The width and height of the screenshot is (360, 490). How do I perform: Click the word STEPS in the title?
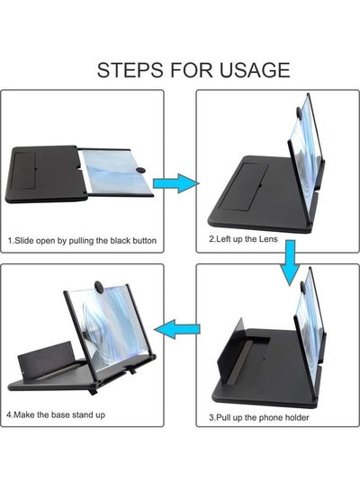(x=130, y=70)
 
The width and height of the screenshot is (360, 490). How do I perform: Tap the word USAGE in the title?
(x=255, y=70)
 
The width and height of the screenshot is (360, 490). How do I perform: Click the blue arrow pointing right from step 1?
(x=176, y=183)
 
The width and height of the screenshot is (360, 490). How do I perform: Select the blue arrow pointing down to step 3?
(x=291, y=263)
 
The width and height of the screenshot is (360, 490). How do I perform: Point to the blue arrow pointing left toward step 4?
(x=177, y=329)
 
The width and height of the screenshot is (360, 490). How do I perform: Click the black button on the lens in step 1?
(x=140, y=170)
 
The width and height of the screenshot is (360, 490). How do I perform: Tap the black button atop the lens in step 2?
(x=299, y=112)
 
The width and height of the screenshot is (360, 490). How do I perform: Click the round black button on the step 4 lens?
(x=100, y=286)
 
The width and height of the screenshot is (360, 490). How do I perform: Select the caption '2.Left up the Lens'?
(x=243, y=239)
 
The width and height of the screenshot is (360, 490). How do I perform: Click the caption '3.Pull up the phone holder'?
(x=258, y=417)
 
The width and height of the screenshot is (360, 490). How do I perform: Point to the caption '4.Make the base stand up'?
(x=56, y=415)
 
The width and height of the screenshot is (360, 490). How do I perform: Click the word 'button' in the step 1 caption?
(x=144, y=241)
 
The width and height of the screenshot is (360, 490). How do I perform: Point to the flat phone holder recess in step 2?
(x=243, y=187)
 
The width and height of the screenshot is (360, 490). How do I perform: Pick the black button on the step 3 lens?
(x=302, y=287)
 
